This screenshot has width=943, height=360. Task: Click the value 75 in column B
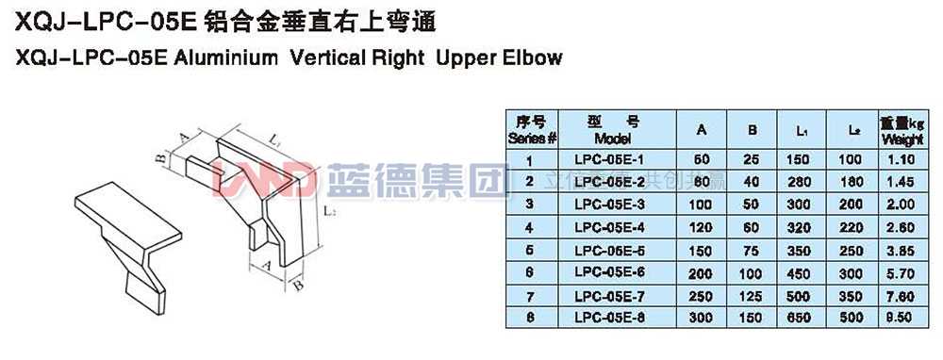(x=753, y=249)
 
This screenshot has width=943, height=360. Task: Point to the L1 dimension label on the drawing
(x=273, y=139)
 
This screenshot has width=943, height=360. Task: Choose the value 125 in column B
(x=753, y=295)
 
